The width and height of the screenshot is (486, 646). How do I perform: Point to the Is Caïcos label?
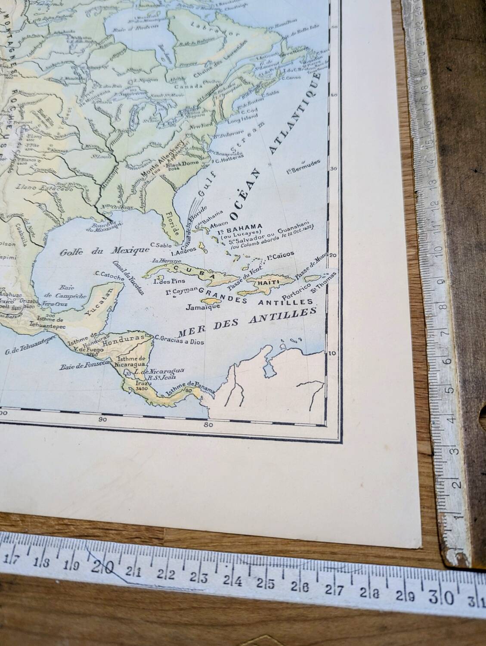click(x=280, y=255)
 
